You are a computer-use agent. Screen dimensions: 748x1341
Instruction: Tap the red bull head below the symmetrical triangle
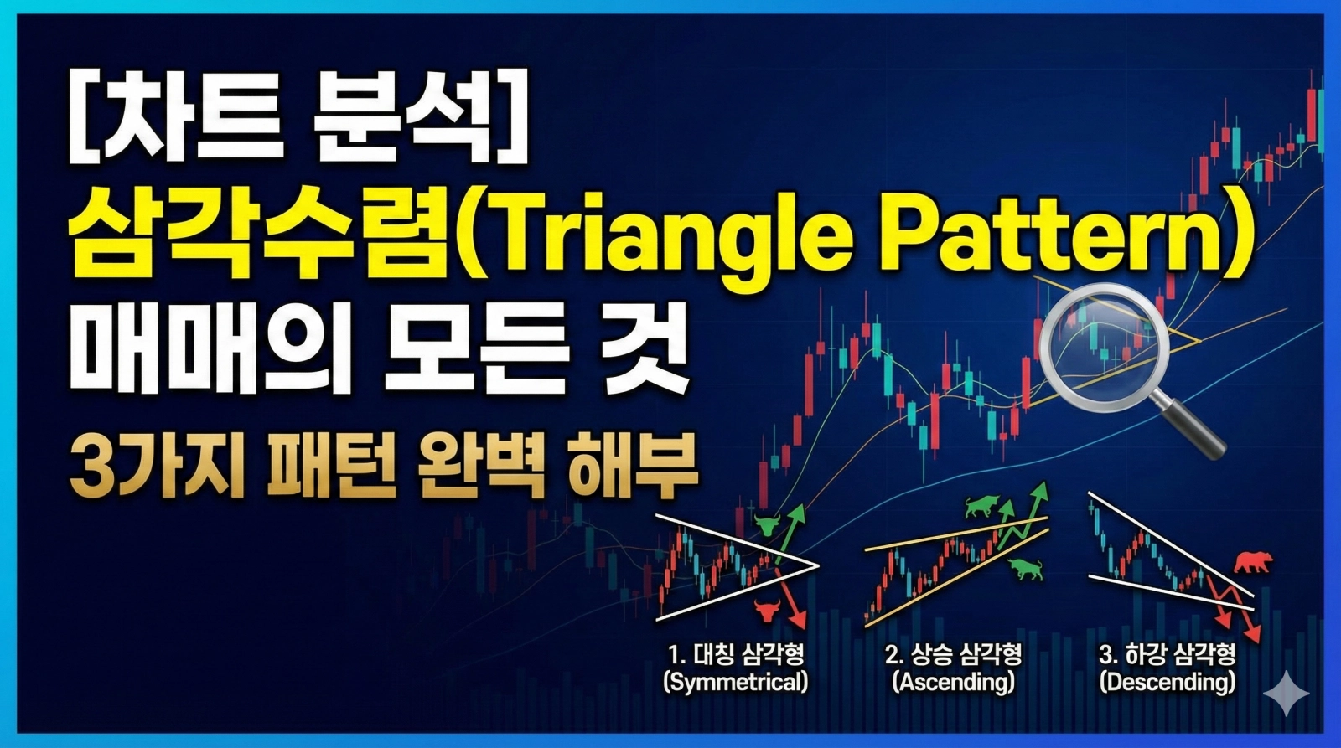[765, 609]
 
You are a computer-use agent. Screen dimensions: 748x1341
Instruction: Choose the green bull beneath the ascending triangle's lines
[1025, 570]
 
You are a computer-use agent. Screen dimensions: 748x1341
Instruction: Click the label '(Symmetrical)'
[736, 682]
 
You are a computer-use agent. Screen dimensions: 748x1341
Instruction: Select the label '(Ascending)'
[952, 682]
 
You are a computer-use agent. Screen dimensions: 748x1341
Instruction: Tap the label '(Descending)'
[1168, 682]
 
